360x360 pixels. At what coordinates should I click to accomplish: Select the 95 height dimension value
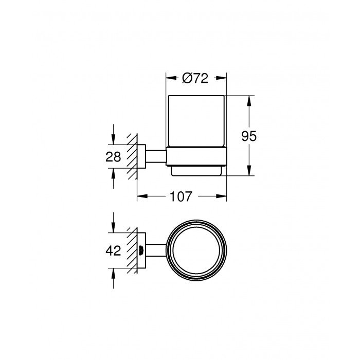click(249, 136)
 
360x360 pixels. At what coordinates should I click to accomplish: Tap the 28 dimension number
click(114, 157)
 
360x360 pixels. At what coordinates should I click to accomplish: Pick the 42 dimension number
click(114, 251)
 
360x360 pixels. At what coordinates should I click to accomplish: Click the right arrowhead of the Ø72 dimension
click(223, 79)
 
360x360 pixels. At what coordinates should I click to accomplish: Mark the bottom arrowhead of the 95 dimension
click(249, 172)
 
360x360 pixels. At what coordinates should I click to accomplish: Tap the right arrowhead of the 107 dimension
click(223, 196)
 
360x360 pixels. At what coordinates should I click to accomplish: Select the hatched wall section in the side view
click(133, 157)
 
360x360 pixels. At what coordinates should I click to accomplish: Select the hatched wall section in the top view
click(133, 251)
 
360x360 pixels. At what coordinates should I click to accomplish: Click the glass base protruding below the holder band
click(196, 171)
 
